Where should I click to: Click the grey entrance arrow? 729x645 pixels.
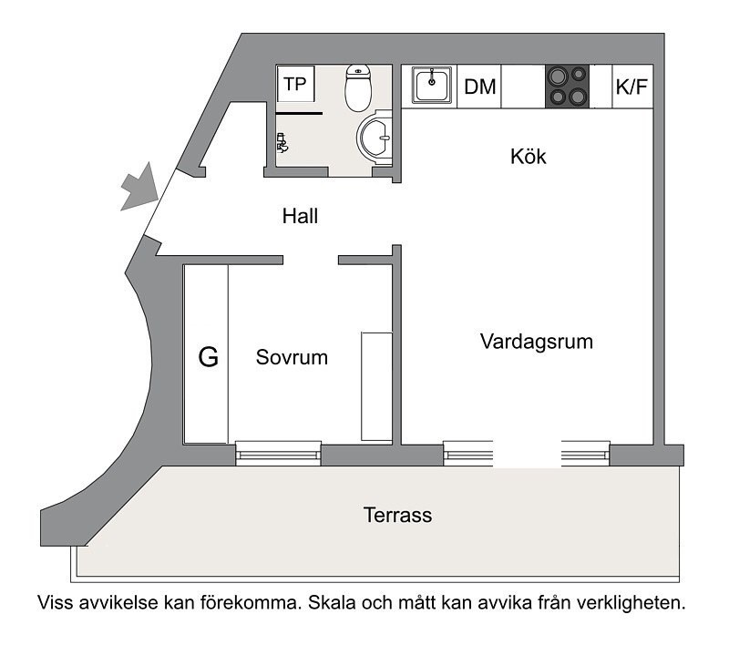[x=139, y=189]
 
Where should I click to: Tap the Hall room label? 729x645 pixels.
[x=300, y=216]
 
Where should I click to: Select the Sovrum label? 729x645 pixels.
[x=292, y=357]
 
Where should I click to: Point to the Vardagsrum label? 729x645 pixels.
[x=537, y=342]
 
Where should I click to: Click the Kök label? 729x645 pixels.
[x=529, y=156]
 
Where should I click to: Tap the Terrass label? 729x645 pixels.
[x=397, y=515]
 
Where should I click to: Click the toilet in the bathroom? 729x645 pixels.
[x=358, y=87]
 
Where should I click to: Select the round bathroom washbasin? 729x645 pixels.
[x=375, y=138]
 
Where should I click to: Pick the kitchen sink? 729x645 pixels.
[x=431, y=86]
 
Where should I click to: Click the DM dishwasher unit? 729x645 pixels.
[x=479, y=87]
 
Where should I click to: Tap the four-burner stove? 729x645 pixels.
[x=567, y=87]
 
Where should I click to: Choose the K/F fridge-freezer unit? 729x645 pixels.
[x=632, y=87]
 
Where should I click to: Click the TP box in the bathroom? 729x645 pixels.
[x=295, y=84]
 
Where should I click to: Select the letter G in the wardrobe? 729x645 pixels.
[x=209, y=357]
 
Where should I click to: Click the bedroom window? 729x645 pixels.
[x=279, y=453]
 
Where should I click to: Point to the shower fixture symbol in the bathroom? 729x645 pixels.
[x=282, y=143]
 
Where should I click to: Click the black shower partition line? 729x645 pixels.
[x=299, y=113]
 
